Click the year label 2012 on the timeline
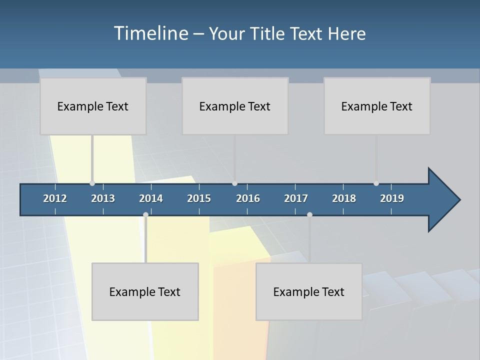point(55,198)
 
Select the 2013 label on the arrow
point(103,198)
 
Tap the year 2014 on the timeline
point(151,198)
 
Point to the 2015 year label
point(199,198)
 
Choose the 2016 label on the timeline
point(248,198)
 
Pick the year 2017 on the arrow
point(296,198)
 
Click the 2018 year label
point(344,198)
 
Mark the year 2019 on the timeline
point(392,198)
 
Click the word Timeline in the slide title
point(150,33)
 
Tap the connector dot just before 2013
point(92,183)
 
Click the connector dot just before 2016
point(234,183)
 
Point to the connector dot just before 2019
point(376,183)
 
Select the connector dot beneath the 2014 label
point(145,215)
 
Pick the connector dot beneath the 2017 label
point(309,215)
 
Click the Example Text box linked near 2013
point(93,106)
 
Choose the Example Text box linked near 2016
point(235,106)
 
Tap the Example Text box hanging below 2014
point(145,291)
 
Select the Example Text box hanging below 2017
point(309,291)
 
